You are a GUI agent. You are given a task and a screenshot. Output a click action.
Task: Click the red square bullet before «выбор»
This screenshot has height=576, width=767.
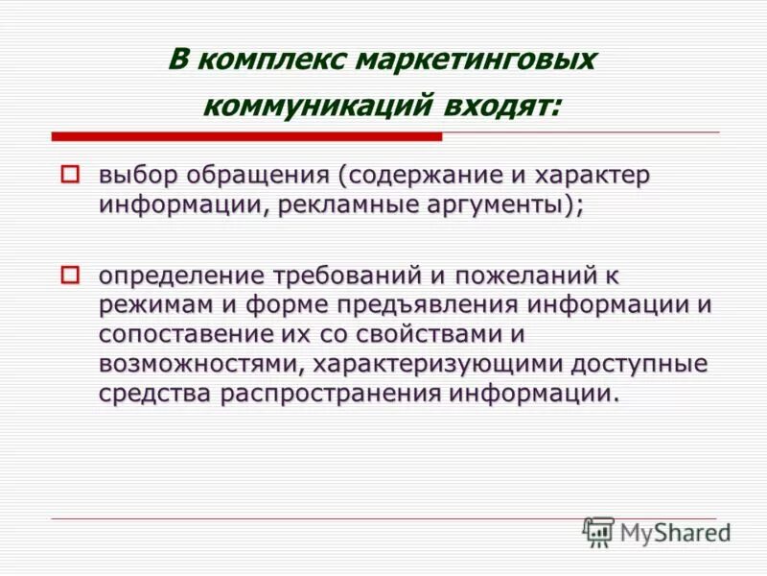tap(69, 175)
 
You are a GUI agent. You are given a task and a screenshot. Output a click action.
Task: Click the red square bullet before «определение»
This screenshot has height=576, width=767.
tap(69, 276)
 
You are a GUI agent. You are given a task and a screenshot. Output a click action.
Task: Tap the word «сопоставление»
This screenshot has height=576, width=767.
tap(185, 335)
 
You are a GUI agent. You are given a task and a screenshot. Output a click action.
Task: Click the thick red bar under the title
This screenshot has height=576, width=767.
tap(246, 136)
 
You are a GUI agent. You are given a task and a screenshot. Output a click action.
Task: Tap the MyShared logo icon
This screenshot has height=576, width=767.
tap(598, 531)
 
